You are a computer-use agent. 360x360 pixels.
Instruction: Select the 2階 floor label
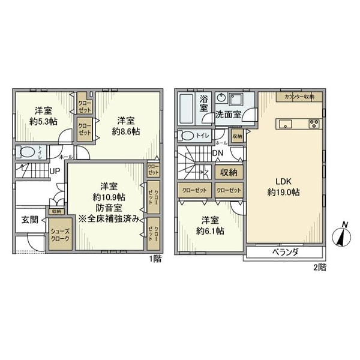(x=319, y=268)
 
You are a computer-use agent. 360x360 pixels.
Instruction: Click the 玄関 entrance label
(x=30, y=220)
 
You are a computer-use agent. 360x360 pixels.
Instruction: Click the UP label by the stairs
(x=54, y=171)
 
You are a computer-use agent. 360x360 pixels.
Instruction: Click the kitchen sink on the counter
(x=285, y=124)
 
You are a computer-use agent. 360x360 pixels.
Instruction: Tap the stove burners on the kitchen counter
(x=314, y=124)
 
